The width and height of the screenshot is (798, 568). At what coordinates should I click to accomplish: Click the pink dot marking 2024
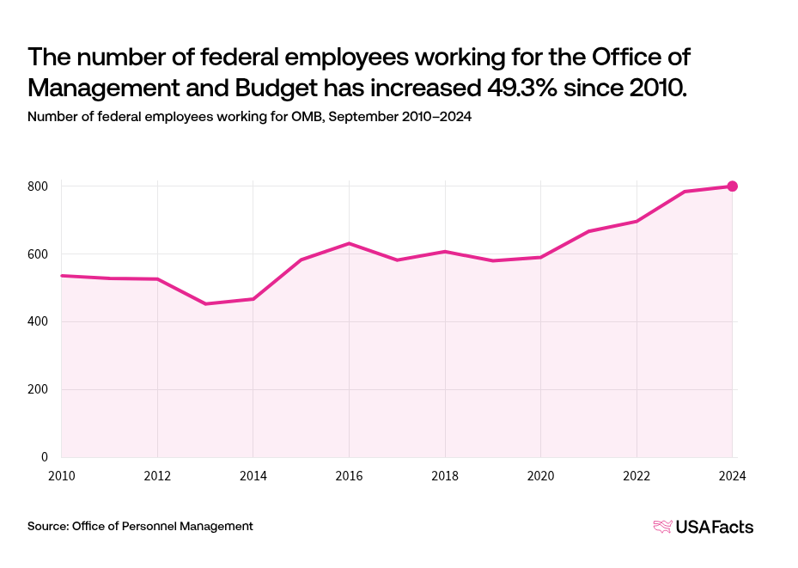click(733, 186)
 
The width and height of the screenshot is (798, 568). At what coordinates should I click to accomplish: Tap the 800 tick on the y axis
click(38, 186)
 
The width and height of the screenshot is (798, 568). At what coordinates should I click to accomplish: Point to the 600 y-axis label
click(38, 254)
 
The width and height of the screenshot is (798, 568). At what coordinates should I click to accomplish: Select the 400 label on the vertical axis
click(38, 322)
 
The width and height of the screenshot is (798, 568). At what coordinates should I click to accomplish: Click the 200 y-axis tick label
click(38, 389)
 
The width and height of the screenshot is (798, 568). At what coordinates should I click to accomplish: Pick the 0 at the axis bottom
click(44, 457)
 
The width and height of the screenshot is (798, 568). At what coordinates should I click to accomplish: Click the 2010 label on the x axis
click(61, 476)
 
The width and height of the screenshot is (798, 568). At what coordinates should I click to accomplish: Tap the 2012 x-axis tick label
click(157, 476)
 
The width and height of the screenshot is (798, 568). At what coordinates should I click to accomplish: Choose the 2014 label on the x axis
click(253, 476)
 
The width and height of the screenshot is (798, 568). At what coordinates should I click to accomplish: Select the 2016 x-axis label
click(349, 476)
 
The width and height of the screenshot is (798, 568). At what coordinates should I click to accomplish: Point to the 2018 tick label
click(445, 476)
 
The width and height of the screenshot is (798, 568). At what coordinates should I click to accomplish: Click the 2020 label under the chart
click(540, 476)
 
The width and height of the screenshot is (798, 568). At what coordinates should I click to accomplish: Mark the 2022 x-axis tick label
click(637, 476)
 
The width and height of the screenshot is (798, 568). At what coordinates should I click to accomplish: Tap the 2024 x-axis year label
click(732, 476)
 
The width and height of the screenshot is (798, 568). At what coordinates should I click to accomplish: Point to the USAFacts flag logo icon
click(663, 527)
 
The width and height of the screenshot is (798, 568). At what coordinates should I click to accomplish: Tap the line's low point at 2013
click(205, 303)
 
